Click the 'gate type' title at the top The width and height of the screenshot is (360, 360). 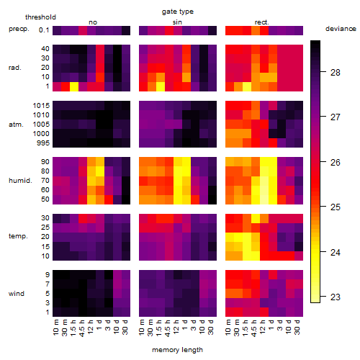[178, 12]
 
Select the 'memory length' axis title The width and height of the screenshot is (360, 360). [177, 350]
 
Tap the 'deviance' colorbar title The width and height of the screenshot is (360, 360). [341, 29]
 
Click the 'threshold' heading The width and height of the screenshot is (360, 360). [40, 17]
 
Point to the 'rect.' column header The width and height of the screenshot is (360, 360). [262, 22]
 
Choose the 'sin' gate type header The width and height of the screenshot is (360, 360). [177, 22]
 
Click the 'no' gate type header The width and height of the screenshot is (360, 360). [93, 22]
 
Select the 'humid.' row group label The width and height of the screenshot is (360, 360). [20, 181]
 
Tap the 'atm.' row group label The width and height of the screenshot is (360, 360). [16, 125]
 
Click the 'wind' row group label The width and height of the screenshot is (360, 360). [17, 294]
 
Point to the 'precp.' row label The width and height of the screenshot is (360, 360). [19, 29]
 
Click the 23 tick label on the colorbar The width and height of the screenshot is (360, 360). [336, 297]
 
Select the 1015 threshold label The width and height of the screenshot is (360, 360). [41, 106]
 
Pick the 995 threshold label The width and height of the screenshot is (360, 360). [43, 143]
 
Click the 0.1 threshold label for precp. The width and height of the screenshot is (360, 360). [44, 30]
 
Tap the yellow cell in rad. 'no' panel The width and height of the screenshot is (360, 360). [74, 86]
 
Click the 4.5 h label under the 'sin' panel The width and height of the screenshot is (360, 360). [168, 328]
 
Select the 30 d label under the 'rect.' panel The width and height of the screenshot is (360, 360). [297, 328]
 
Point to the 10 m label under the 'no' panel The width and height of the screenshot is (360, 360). [55, 328]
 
